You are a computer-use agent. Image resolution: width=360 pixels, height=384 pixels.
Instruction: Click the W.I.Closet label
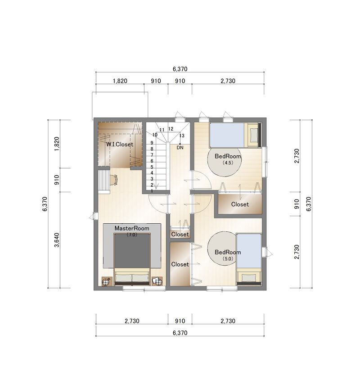tap(120, 144)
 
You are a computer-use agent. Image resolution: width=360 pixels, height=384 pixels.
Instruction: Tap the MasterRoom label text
tap(132, 228)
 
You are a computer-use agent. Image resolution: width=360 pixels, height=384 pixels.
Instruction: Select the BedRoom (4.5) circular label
tap(225, 159)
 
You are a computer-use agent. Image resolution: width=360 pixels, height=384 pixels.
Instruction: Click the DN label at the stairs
tap(180, 147)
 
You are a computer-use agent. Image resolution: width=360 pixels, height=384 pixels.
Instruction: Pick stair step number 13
tap(182, 136)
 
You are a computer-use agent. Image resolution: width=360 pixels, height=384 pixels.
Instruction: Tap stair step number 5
tap(152, 167)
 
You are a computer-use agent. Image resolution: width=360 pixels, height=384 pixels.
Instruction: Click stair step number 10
tap(155, 135)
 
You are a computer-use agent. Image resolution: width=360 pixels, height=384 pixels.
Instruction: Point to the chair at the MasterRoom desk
tap(114, 180)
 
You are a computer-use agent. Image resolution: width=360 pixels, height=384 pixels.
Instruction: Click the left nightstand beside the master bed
tap(107, 281)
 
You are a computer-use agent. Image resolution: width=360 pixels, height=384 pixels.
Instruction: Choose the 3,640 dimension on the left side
tap(57, 240)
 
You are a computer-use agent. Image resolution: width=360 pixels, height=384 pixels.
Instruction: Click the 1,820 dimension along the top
tap(120, 81)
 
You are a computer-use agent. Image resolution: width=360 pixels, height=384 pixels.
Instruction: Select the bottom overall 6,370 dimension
tap(180, 333)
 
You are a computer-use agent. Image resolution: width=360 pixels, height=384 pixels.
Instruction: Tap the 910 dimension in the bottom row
tap(180, 321)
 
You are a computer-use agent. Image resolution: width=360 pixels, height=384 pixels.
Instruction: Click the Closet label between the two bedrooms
tap(240, 204)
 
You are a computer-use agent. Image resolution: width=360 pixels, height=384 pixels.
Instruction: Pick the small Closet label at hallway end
tap(180, 235)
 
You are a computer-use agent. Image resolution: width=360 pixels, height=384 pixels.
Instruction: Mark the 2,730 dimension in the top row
tap(228, 81)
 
